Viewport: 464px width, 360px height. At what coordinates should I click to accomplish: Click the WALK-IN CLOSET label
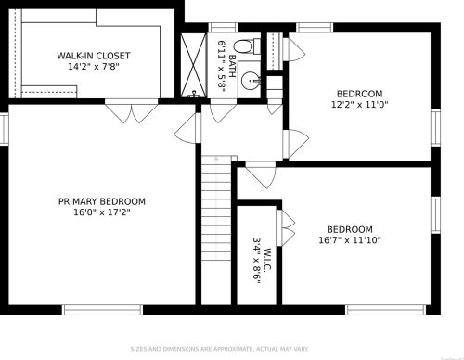coord(93,56)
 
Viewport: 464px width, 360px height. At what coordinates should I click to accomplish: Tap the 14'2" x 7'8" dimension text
coord(94,66)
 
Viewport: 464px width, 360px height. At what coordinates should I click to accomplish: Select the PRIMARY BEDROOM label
coord(102,201)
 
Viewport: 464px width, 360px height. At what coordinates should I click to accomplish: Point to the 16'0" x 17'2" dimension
coord(102,212)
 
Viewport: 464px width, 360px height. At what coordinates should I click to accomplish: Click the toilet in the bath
coord(247,46)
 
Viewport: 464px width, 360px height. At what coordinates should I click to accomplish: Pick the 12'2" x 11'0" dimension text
coord(359,104)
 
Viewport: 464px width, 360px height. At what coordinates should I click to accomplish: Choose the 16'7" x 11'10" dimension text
coord(350,240)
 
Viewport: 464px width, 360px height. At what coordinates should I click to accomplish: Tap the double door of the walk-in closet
coord(132,110)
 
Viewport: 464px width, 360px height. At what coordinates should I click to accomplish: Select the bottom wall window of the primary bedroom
coord(102,310)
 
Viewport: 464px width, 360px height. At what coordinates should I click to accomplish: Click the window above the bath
coord(223,28)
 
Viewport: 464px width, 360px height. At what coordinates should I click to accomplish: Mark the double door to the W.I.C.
coord(286,228)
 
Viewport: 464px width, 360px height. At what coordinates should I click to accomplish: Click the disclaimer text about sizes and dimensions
coord(219,349)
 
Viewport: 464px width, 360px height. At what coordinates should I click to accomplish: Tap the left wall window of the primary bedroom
coord(4,128)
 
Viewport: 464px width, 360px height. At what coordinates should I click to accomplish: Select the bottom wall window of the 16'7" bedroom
coord(386,310)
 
